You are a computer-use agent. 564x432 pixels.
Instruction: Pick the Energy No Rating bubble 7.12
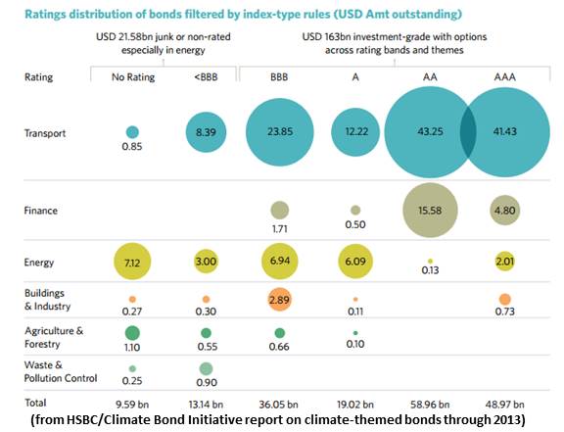(132, 264)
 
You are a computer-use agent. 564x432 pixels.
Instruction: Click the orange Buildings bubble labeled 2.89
(280, 298)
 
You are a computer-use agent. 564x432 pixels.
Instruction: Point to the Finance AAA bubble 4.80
(504, 210)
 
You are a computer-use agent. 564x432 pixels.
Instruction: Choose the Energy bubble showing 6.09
(354, 264)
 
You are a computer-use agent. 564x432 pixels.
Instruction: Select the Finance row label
(39, 211)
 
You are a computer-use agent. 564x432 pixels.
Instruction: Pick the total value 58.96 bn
(428, 402)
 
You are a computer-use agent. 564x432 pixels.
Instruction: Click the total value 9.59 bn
(132, 402)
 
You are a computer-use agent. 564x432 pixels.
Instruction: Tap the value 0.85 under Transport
(132, 148)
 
